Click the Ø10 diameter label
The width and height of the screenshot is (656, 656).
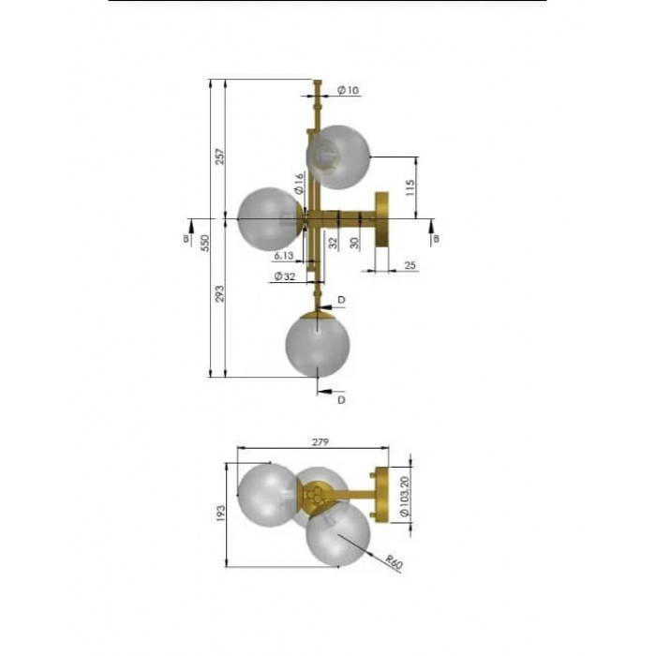(348, 90)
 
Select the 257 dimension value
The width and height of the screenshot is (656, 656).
(220, 157)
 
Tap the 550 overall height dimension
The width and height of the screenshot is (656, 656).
(205, 243)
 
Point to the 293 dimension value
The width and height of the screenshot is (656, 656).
(220, 293)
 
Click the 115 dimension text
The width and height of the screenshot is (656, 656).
(410, 187)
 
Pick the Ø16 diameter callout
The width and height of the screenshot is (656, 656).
(299, 184)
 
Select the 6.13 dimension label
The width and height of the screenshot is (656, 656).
(284, 255)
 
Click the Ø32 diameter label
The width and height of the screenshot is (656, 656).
(285, 276)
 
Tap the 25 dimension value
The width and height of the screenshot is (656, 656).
(410, 265)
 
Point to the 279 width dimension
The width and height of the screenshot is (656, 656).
(321, 441)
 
